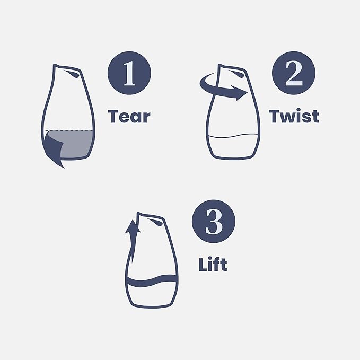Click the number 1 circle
pos(129,73)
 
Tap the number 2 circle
pos(294,73)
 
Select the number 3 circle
pos(214,221)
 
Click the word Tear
pos(129,116)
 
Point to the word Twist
pos(294,116)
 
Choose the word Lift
pos(213,265)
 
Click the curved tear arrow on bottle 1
pos(53,149)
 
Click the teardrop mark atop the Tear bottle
pos(72,74)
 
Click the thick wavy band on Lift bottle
pos(152,281)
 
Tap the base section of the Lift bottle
pos(152,296)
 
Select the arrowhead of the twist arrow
pos(240,93)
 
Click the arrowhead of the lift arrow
pos(133,227)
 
